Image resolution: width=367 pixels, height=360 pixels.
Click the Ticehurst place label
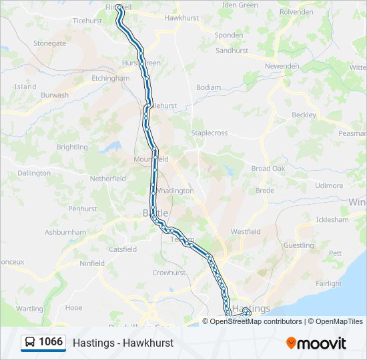(87, 21)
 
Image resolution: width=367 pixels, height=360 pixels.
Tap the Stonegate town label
(50, 43)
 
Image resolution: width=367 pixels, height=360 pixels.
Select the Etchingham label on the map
(111, 78)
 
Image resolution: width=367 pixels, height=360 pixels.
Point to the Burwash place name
(55, 95)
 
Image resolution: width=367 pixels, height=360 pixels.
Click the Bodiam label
(208, 87)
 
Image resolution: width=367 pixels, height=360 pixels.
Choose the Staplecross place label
(210, 133)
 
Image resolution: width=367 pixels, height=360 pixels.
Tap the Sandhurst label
(232, 51)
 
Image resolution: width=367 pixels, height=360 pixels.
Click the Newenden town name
(282, 66)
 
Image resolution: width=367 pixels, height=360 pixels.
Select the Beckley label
(304, 115)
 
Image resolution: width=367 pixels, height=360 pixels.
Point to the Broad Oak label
(268, 169)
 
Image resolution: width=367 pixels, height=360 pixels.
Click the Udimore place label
(329, 185)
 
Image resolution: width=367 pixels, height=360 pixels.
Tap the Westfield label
(246, 231)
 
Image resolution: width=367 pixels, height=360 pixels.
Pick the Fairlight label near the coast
(329, 283)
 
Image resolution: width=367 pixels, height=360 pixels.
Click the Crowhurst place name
(169, 273)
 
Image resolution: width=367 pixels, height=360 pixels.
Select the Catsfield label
(123, 249)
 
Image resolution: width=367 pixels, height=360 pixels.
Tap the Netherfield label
(108, 179)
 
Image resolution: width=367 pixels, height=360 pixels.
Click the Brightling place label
(72, 147)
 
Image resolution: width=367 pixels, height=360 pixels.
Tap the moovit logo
(316, 343)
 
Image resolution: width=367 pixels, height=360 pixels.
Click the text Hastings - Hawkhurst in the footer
(123, 343)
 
